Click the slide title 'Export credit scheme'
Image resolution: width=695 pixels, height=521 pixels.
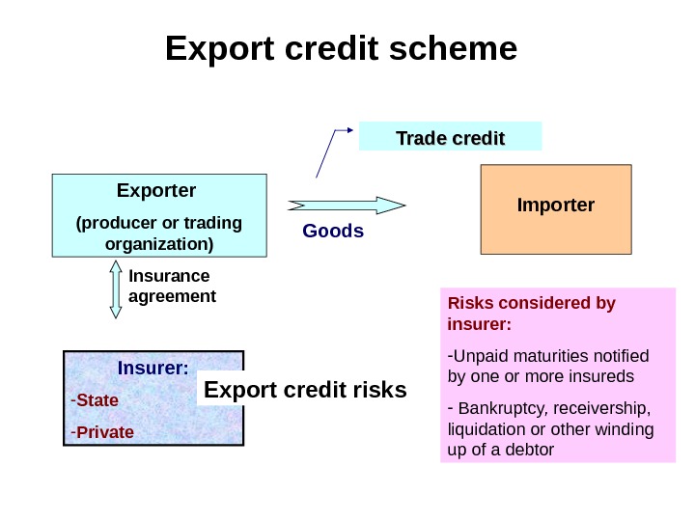click(341, 48)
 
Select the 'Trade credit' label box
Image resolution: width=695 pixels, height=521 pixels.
click(450, 137)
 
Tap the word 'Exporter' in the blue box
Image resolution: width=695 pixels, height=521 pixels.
click(156, 189)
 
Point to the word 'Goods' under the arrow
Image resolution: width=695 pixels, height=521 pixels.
click(333, 231)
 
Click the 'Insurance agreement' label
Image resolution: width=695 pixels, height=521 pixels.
click(172, 287)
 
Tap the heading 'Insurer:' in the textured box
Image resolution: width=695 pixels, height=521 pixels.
click(153, 369)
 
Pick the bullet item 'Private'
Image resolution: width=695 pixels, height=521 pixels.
click(104, 431)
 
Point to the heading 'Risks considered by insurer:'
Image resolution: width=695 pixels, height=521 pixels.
click(531, 314)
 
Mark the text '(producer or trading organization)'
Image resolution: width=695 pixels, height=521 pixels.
click(158, 233)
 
